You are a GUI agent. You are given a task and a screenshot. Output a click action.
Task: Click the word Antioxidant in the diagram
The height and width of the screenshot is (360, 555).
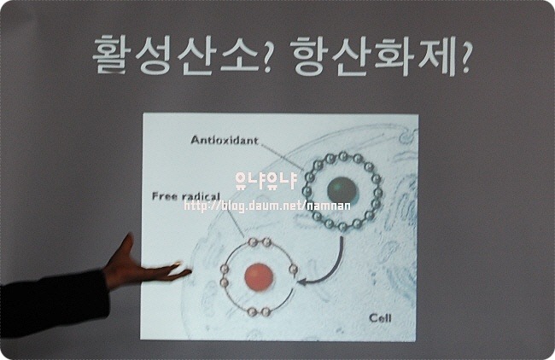click(x=225, y=141)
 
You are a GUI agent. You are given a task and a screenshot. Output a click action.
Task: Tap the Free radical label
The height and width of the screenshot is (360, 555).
click(x=186, y=196)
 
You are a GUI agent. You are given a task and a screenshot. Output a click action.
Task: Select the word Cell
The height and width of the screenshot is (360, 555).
click(x=381, y=318)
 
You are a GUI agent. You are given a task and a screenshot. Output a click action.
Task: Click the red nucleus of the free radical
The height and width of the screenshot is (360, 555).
click(x=259, y=277)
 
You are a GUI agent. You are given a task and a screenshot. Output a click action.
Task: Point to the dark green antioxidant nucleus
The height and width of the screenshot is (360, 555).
click(x=342, y=191)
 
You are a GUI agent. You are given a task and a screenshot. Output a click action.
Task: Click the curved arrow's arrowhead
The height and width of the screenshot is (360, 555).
click(x=302, y=282)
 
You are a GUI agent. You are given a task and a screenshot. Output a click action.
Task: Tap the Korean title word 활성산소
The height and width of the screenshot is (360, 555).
click(x=174, y=55)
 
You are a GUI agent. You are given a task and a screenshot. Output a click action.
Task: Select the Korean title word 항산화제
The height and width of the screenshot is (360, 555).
click(x=374, y=55)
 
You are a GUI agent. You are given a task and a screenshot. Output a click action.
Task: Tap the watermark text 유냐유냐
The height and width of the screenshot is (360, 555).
click(x=266, y=180)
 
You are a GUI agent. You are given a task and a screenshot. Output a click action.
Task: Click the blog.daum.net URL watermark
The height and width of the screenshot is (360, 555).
click(x=267, y=206)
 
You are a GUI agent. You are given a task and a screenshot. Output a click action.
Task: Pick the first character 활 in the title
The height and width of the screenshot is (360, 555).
click(x=111, y=55)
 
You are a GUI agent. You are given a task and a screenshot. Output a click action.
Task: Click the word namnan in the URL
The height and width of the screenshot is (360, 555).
click(x=329, y=206)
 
